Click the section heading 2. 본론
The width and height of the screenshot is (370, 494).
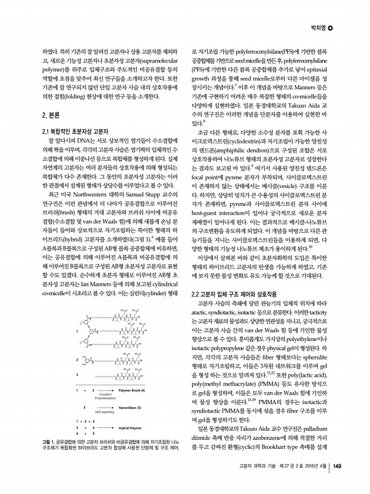point(46,114)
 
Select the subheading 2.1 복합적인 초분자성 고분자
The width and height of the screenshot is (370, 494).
point(71,131)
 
